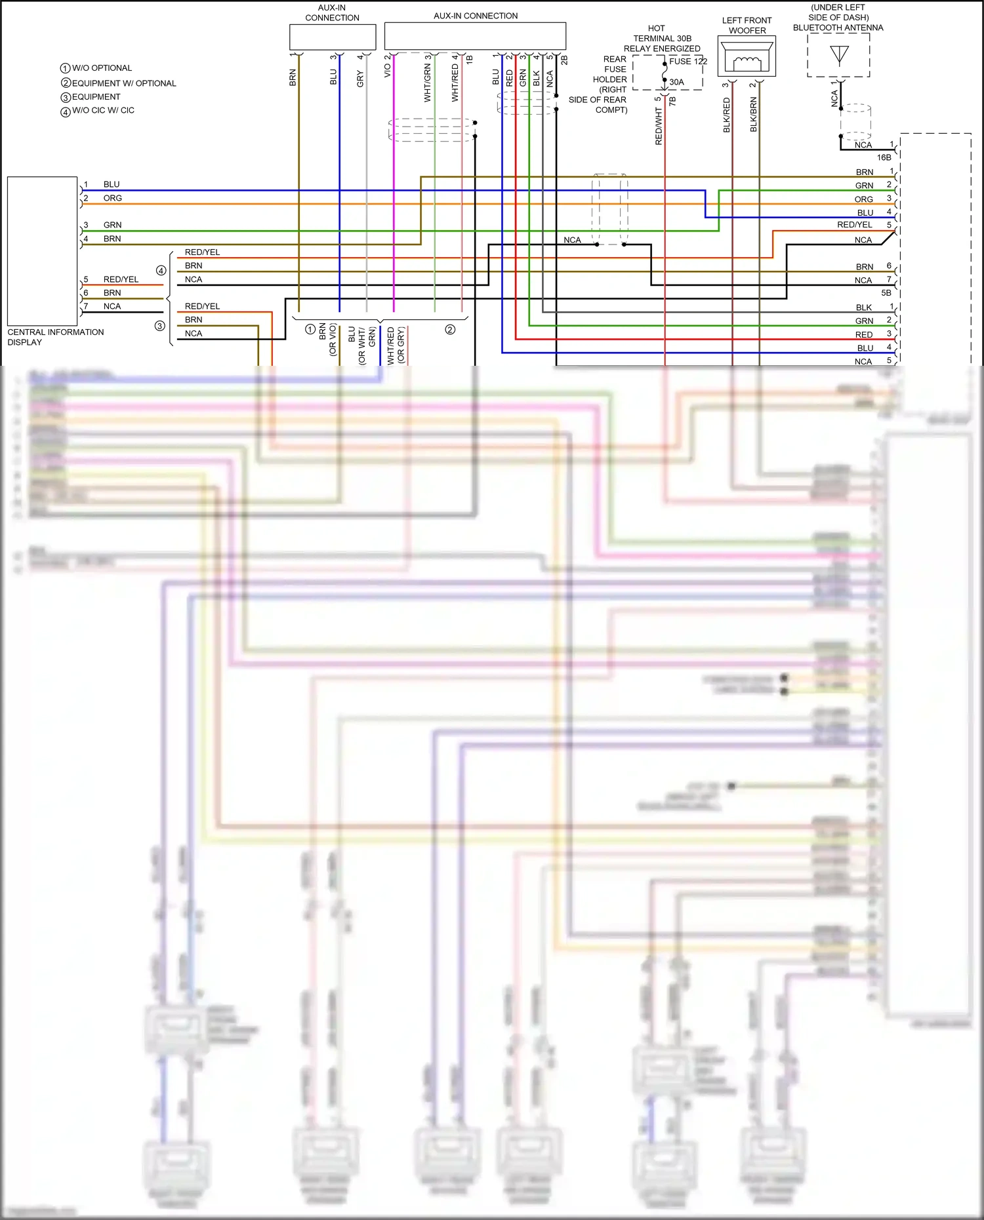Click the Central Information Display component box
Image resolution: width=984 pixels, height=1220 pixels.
pyautogui.click(x=42, y=250)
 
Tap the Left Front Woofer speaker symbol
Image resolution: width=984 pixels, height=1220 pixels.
pyautogui.click(x=747, y=56)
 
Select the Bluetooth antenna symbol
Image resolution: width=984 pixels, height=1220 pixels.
pyautogui.click(x=839, y=55)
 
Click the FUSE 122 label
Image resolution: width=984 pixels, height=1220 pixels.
pyautogui.click(x=687, y=61)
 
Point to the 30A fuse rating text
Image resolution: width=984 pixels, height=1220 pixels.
pyautogui.click(x=676, y=82)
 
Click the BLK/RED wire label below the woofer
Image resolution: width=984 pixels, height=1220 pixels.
pyautogui.click(x=726, y=115)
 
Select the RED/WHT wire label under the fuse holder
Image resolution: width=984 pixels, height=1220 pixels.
pyautogui.click(x=659, y=127)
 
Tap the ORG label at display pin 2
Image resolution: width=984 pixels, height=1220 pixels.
pyautogui.click(x=112, y=198)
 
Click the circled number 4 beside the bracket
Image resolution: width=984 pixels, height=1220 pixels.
pyautogui.click(x=161, y=270)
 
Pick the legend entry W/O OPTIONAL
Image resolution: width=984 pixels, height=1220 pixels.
pyautogui.click(x=102, y=68)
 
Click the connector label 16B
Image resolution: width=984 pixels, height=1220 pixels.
pyautogui.click(x=884, y=157)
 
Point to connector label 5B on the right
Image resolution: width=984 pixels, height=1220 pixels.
pyautogui.click(x=886, y=293)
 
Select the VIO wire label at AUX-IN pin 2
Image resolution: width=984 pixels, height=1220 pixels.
pyautogui.click(x=387, y=70)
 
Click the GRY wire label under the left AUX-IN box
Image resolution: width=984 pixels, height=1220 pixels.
pyautogui.click(x=359, y=79)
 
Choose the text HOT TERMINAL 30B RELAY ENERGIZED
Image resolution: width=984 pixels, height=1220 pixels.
pyautogui.click(x=661, y=39)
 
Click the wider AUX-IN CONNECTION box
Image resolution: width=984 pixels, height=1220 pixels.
pyautogui.click(x=475, y=36)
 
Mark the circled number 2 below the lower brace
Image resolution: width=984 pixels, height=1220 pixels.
pyautogui.click(x=450, y=330)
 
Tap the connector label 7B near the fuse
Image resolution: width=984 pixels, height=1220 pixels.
pyautogui.click(x=672, y=101)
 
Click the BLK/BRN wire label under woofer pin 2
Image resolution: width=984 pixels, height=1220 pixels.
pyautogui.click(x=753, y=115)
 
